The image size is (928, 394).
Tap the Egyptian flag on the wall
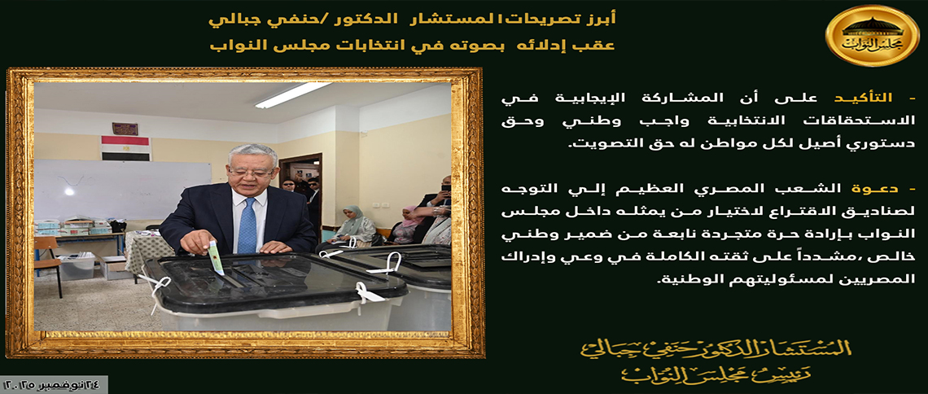[x=126, y=148]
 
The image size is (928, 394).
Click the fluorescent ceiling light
[x=293, y=94]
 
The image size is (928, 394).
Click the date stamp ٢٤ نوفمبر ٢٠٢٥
[x=53, y=384]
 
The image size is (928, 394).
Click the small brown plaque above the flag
[x=125, y=129]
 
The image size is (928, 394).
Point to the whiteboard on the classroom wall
[x=122, y=190]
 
